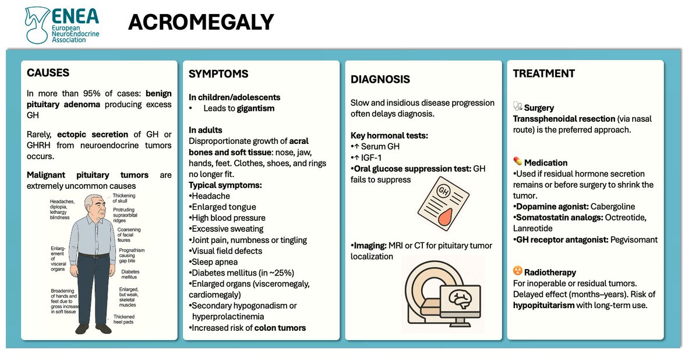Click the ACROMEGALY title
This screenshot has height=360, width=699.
pyautogui.click(x=201, y=22)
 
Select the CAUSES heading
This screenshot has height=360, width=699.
pyautogui.click(x=48, y=73)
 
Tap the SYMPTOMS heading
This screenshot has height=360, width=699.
pyautogui.click(x=218, y=74)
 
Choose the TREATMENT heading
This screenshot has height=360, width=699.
pyautogui.click(x=543, y=73)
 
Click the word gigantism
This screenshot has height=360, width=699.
pyautogui.click(x=256, y=108)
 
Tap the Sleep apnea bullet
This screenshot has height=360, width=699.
pyautogui.click(x=213, y=262)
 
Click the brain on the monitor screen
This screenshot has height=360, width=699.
pyautogui.click(x=461, y=299)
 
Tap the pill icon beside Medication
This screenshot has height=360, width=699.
pyautogui.click(x=517, y=161)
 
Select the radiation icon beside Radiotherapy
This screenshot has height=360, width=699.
pyautogui.click(x=517, y=271)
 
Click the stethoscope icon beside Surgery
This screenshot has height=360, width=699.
pyautogui.click(x=517, y=107)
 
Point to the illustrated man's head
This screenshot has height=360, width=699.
pyautogui.click(x=94, y=207)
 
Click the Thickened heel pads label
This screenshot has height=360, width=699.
pyautogui.click(x=128, y=320)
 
